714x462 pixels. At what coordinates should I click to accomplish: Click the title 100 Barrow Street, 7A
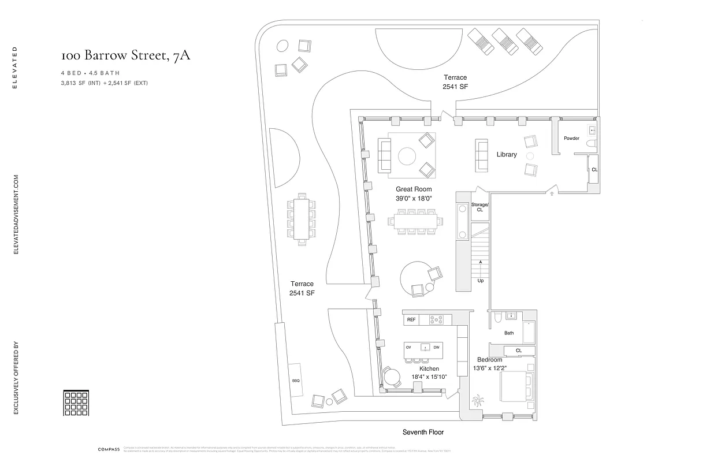click(x=125, y=55)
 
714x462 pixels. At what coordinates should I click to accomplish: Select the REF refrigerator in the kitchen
click(x=411, y=319)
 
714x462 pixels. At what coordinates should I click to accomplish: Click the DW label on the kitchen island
click(x=437, y=347)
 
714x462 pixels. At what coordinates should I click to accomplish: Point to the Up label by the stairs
click(x=481, y=281)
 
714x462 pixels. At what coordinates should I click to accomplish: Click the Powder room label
click(x=571, y=138)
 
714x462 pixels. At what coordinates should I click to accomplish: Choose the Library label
click(x=507, y=154)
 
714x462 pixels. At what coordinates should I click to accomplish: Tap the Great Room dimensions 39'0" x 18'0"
click(x=414, y=198)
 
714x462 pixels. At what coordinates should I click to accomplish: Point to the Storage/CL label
click(x=480, y=207)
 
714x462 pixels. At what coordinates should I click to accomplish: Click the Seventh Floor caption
click(x=423, y=432)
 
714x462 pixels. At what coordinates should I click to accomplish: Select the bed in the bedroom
click(x=516, y=386)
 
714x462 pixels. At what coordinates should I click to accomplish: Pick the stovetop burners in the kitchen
click(x=437, y=319)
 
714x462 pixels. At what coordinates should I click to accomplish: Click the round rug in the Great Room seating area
click(x=407, y=157)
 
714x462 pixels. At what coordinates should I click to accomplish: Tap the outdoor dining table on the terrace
click(x=301, y=218)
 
